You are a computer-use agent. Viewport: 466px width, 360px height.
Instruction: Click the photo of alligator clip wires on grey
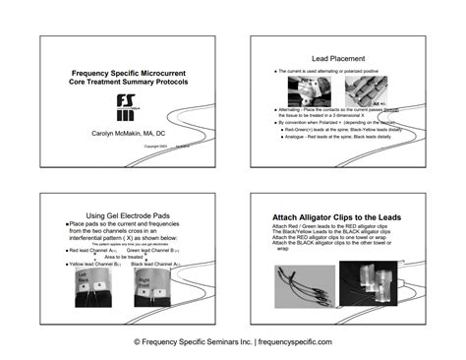[x=303, y=282]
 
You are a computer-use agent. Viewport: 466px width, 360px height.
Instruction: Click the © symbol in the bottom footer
[x=138, y=341]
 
